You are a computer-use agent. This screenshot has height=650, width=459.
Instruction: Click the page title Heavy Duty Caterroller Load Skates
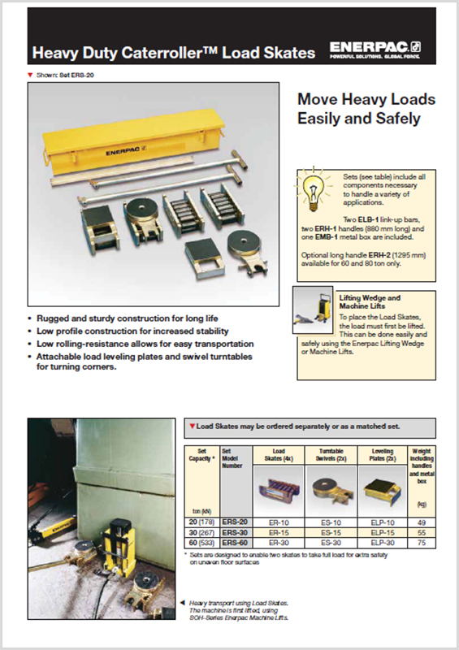(x=173, y=54)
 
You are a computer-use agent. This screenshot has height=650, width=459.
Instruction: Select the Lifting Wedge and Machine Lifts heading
(x=369, y=302)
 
